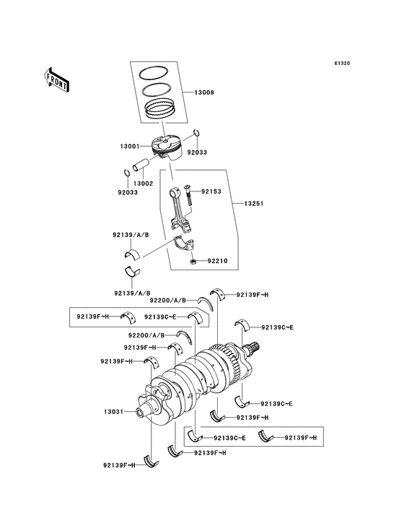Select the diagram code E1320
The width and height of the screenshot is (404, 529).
tap(341, 64)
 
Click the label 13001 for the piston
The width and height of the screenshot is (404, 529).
tap(131, 146)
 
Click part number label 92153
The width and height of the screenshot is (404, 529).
tap(211, 192)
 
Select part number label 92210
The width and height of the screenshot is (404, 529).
tap(219, 260)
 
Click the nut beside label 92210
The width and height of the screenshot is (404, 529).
tap(195, 261)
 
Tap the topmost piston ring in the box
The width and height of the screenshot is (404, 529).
tap(154, 74)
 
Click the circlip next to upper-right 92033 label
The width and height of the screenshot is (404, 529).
tap(197, 134)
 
